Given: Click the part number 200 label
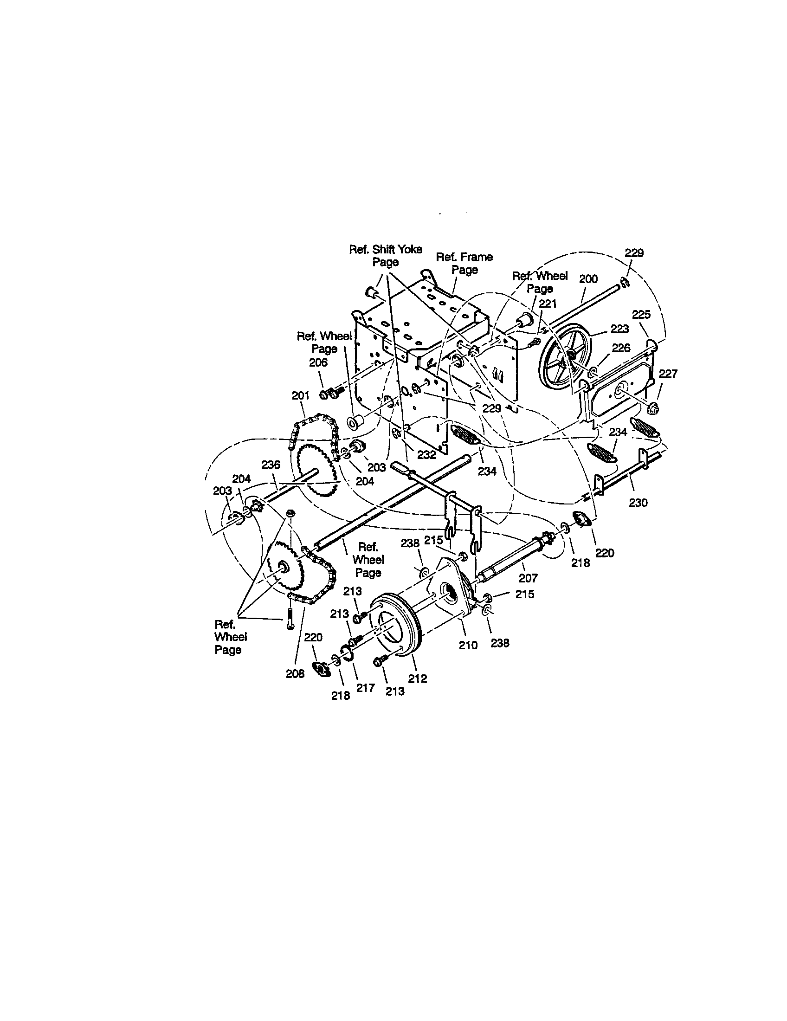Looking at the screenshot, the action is coord(588,279).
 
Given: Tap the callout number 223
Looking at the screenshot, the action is coord(619,329).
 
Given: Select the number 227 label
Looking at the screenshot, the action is coord(668,374).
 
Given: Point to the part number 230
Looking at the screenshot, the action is coord(639,503).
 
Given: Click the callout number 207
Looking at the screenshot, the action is coord(528,578).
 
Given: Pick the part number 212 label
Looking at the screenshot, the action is coord(418,679).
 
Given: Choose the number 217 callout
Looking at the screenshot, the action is coord(366,688).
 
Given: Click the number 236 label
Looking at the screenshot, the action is coord(271,465).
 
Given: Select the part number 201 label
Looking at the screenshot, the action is coord(301,395).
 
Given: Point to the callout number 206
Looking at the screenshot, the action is coord(318,362).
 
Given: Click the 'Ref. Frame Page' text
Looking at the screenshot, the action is coord(464,263).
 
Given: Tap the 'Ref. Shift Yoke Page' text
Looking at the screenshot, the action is coord(386,256).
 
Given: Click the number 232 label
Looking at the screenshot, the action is coord(427,455).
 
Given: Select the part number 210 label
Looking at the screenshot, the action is coord(468,645).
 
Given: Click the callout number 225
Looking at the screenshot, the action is coord(641,315).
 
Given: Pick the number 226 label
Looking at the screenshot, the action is coord(621,348).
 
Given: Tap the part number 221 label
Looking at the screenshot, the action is coord(548,304).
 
